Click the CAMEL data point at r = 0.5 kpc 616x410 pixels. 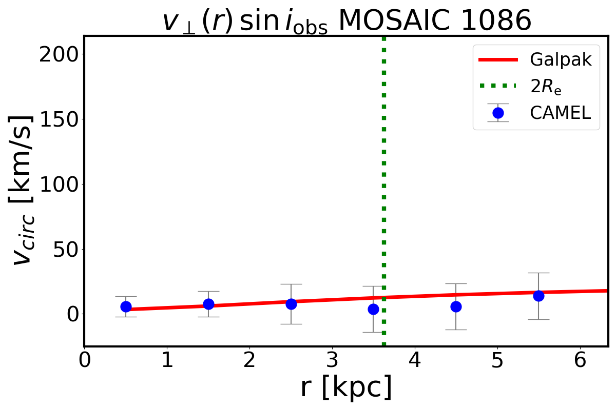(x=126, y=306)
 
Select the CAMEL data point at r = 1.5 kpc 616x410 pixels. (x=208, y=304)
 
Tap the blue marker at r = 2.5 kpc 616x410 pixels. (x=291, y=304)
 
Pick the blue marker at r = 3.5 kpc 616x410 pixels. (x=374, y=309)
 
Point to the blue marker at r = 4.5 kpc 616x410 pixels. (x=456, y=306)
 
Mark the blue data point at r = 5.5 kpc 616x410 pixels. (x=538, y=296)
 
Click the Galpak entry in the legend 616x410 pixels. (x=561, y=60)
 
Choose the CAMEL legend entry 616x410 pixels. (x=560, y=113)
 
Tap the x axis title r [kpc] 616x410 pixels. (x=346, y=387)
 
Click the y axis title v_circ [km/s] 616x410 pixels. (x=23, y=190)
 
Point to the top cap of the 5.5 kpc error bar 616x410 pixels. (x=538, y=273)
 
